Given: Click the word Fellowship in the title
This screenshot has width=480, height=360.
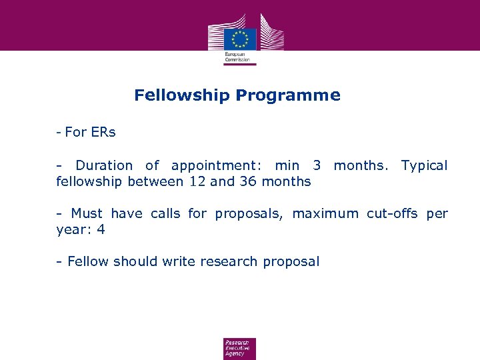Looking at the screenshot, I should (x=181, y=95).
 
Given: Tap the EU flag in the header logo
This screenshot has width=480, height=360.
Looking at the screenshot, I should (x=240, y=38).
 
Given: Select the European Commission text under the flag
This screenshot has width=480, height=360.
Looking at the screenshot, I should (x=238, y=57).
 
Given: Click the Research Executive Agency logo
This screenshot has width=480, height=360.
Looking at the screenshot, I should (x=239, y=348).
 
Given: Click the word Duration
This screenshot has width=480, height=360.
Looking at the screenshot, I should (x=103, y=165).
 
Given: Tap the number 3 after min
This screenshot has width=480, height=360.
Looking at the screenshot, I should (x=317, y=165).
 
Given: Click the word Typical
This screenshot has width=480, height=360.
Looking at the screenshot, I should (x=424, y=165).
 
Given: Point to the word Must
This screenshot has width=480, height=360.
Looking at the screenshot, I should (x=87, y=213).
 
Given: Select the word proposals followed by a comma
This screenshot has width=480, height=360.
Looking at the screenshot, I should (x=250, y=214).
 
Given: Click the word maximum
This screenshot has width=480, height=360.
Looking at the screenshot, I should (x=325, y=213).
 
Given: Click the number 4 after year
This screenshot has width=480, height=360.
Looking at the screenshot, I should (x=101, y=230).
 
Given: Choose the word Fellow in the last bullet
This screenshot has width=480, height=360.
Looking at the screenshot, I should (x=88, y=261).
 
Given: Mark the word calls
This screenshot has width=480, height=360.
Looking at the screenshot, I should (x=165, y=213).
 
